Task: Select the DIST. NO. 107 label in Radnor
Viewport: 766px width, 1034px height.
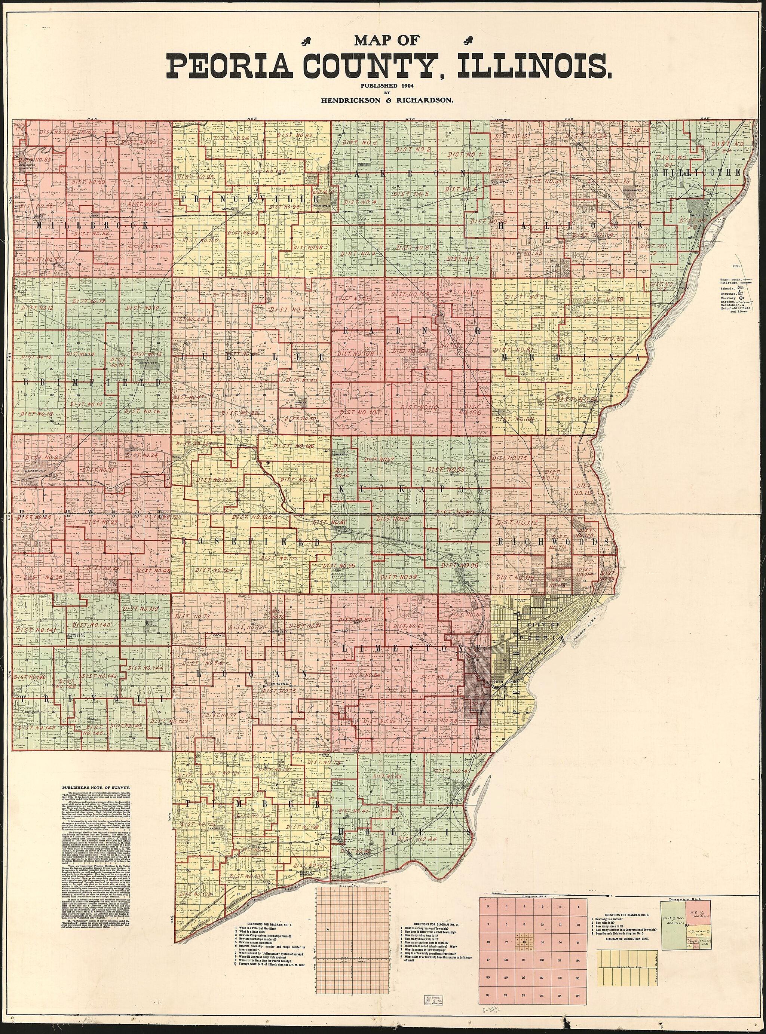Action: tap(360, 412)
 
